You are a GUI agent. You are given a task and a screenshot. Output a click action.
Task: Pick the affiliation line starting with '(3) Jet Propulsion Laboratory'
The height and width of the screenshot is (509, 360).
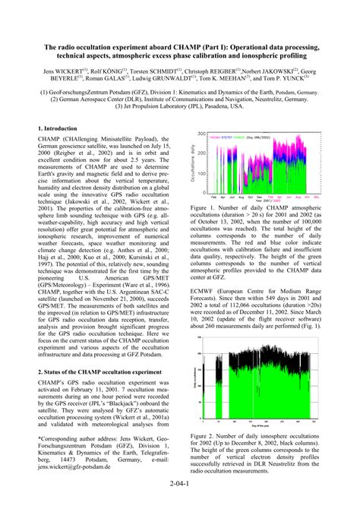[179, 107]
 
